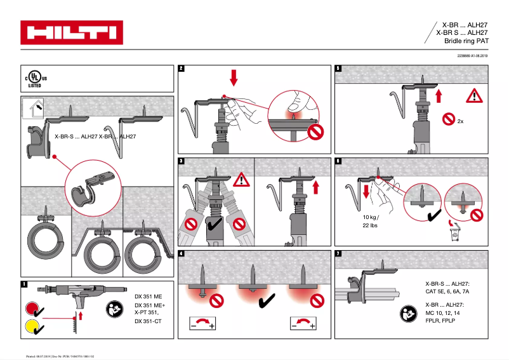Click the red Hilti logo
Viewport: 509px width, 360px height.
(71, 32)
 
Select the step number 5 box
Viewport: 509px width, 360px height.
(338, 68)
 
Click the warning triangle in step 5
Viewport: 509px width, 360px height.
(474, 95)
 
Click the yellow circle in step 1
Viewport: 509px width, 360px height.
(30, 328)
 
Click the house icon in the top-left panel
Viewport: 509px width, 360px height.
(32, 107)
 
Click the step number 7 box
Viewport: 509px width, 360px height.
(338, 254)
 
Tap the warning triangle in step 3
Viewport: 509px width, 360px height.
(241, 180)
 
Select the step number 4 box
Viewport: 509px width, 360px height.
(182, 254)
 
